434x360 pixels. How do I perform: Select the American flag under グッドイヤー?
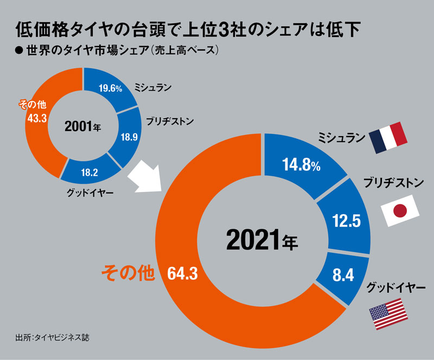click(x=388, y=316)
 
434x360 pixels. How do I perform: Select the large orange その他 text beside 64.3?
click(x=129, y=273)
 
